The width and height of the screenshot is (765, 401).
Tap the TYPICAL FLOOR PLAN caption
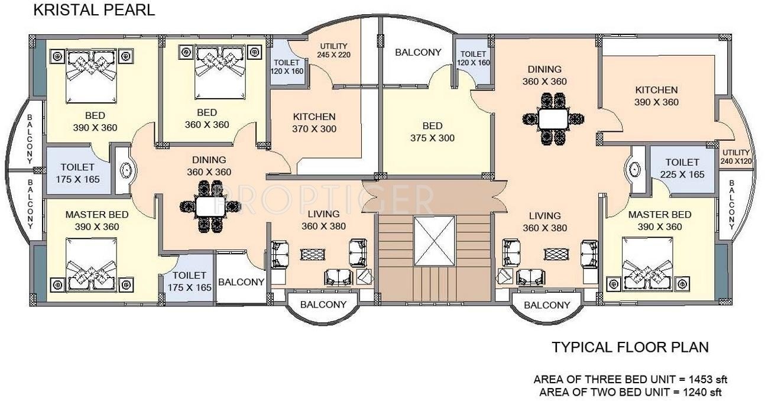(x=630, y=347)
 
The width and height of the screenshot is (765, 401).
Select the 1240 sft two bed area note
(x=630, y=392)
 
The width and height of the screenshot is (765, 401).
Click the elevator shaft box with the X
(x=435, y=241)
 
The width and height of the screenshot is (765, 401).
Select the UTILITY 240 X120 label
(x=736, y=157)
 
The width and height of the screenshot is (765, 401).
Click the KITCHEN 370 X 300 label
(x=314, y=122)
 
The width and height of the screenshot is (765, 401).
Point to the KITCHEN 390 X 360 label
(x=656, y=96)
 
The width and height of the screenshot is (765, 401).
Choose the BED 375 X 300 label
(x=432, y=132)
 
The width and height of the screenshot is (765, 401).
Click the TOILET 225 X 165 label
(x=682, y=168)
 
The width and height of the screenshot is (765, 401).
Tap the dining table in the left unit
(x=209, y=206)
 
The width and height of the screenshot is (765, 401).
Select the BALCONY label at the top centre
(x=417, y=52)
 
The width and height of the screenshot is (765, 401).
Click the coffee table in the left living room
(x=312, y=254)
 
